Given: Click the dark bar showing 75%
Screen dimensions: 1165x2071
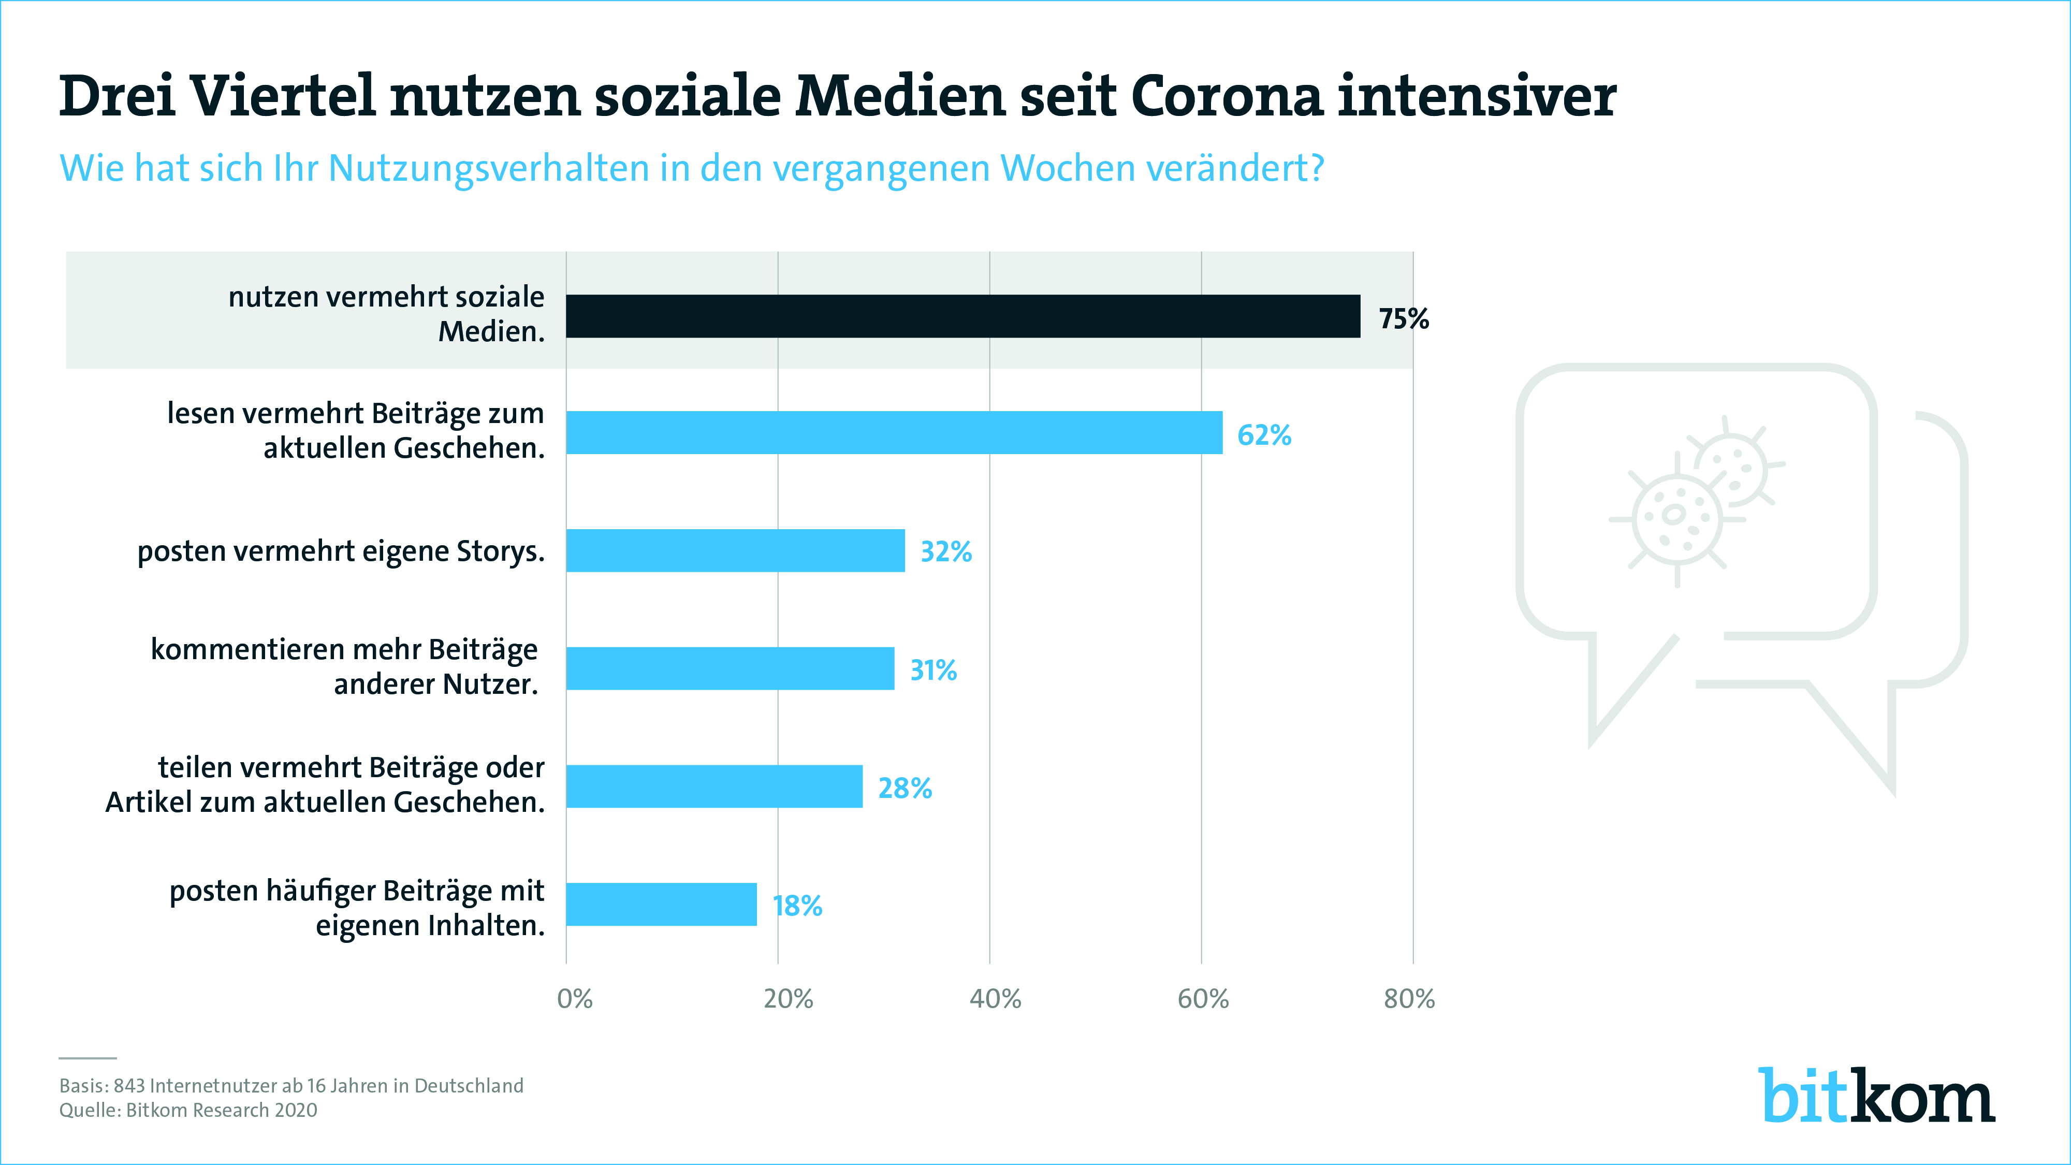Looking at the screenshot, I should pos(962,316).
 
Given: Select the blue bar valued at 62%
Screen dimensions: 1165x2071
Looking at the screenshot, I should pos(894,432).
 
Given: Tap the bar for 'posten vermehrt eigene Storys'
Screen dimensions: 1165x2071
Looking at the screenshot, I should pos(735,551).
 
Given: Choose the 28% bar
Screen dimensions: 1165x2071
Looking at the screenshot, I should pos(714,787).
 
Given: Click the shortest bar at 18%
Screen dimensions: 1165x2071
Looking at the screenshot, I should pos(661,905).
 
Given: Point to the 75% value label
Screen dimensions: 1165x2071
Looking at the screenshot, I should pos(1404,319).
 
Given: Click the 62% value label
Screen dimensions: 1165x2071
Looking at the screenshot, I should pos(1264,435).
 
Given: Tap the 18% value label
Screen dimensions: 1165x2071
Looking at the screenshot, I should pos(797,906).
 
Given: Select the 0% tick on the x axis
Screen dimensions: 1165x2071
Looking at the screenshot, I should pos(575,999).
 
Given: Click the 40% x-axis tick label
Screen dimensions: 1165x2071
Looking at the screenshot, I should pos(995,999).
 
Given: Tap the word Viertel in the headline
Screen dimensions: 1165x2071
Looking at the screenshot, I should pos(283,96).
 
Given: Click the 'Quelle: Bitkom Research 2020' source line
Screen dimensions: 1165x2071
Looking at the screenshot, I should pos(188,1110).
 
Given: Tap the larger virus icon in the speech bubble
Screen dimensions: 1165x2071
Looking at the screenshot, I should pos(1676,519).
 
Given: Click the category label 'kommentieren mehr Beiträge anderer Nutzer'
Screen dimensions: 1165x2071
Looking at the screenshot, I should pos(344,666).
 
